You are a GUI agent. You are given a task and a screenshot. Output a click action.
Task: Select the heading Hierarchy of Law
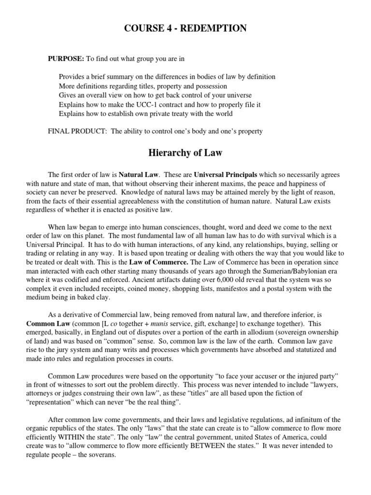185,154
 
